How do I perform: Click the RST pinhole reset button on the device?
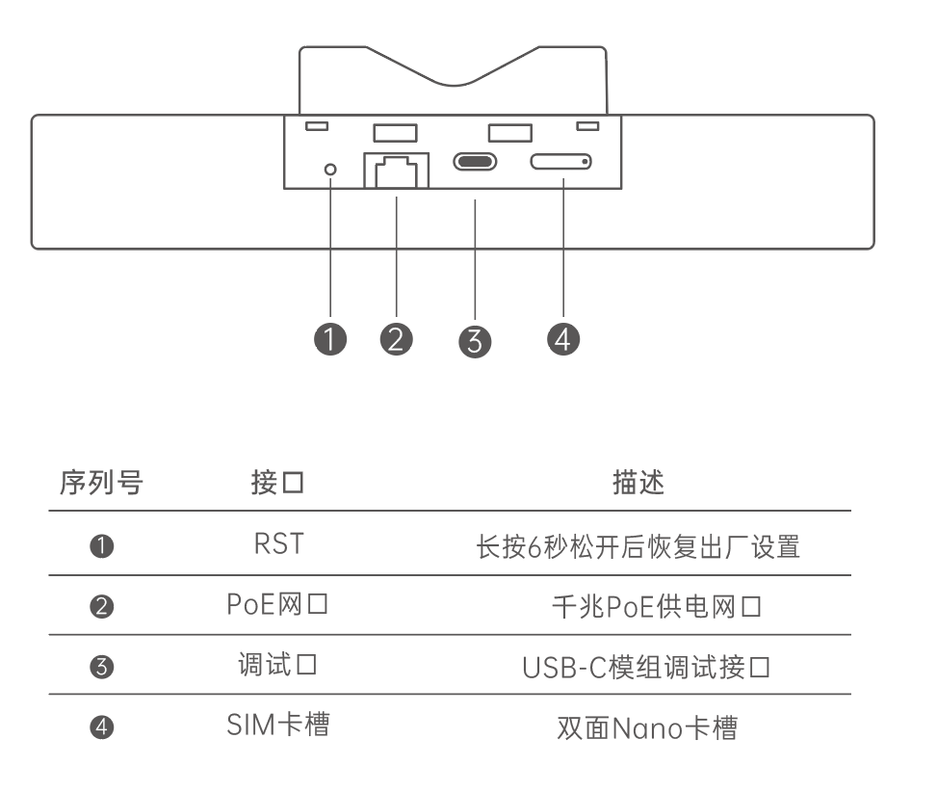click(332, 170)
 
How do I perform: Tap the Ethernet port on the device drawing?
click(394, 172)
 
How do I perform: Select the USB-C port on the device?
click(475, 161)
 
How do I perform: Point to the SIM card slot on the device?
click(560, 162)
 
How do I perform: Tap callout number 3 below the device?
click(475, 341)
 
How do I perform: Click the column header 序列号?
click(101, 483)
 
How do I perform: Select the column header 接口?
click(277, 483)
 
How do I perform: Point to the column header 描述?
click(638, 483)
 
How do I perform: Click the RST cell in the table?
click(278, 544)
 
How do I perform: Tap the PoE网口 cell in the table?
click(278, 605)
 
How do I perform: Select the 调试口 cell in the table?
click(278, 666)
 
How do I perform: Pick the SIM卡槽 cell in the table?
click(278, 726)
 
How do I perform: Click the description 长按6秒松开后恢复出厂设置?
click(638, 546)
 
